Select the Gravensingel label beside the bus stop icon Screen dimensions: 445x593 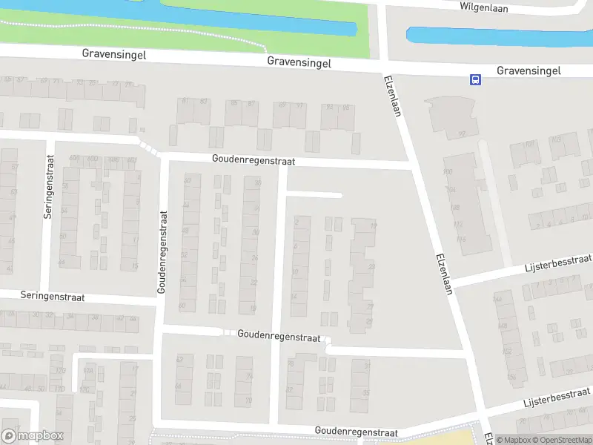[x=529, y=70]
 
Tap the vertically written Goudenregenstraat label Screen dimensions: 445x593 [x=163, y=251]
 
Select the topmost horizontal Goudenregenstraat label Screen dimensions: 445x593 [x=253, y=159]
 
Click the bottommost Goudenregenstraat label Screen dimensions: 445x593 [x=356, y=432]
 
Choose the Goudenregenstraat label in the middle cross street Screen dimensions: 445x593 [x=279, y=335]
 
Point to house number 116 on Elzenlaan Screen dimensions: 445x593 [x=461, y=239]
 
